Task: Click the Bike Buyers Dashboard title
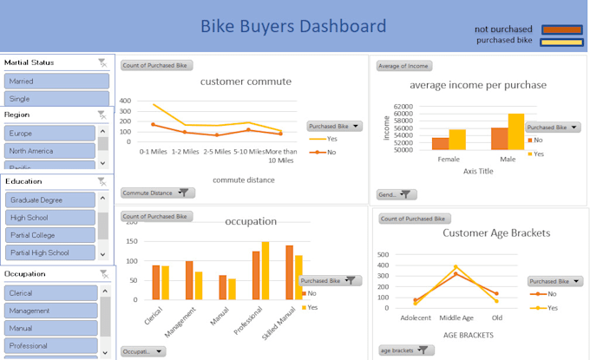(x=293, y=26)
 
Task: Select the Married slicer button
(x=56, y=81)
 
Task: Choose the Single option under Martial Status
(x=56, y=99)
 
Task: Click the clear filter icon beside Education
(x=102, y=182)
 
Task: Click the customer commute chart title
(x=246, y=82)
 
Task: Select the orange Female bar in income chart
(x=441, y=143)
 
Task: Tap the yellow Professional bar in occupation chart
(x=265, y=272)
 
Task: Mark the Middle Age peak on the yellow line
(x=456, y=266)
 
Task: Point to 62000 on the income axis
(x=403, y=107)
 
